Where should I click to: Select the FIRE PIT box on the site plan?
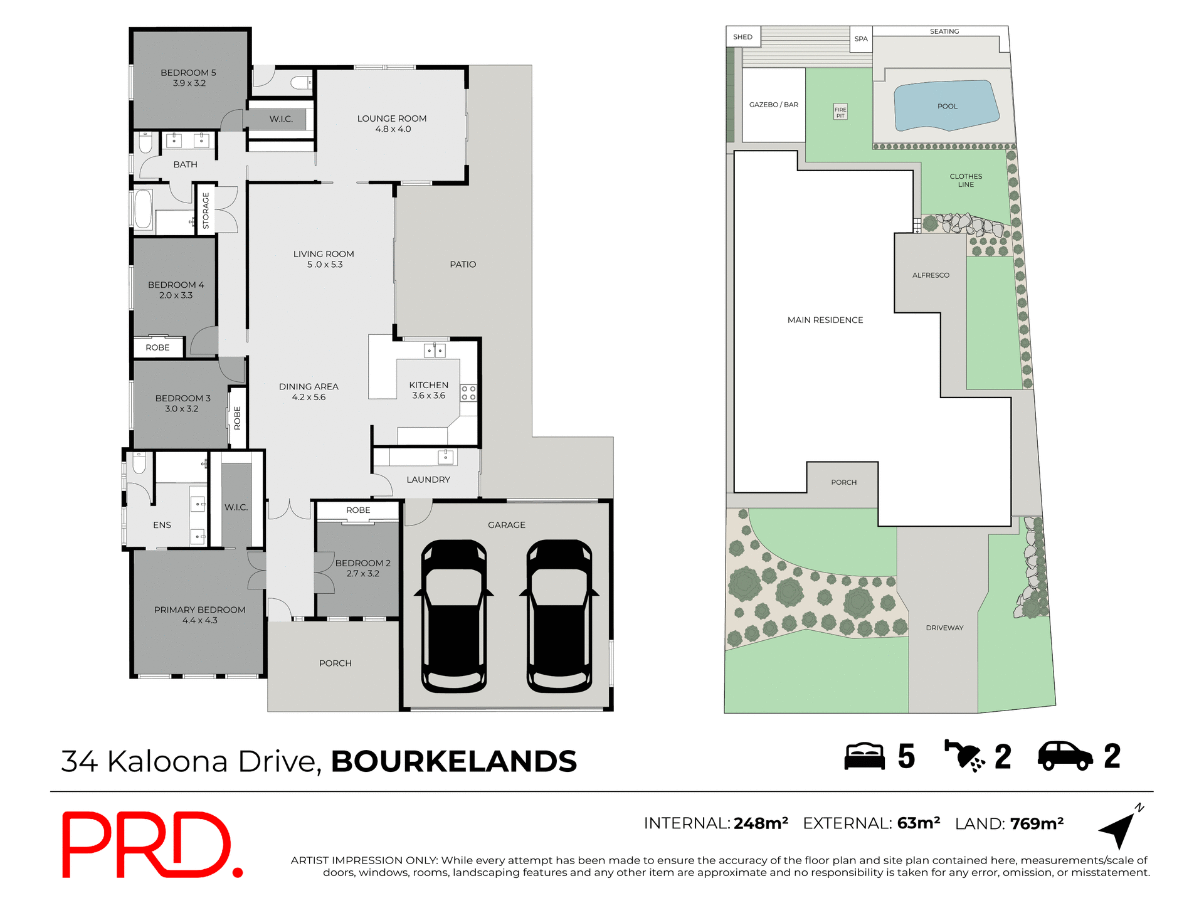tap(840, 112)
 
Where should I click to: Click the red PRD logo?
tap(150, 844)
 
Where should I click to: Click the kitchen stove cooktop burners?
tap(468, 393)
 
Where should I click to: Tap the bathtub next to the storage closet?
tap(144, 209)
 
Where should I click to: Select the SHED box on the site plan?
tap(743, 37)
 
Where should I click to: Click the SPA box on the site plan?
tap(861, 39)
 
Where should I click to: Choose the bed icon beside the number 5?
tap(864, 756)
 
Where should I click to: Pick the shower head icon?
tap(964, 756)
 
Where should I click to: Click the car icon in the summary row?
tap(1065, 756)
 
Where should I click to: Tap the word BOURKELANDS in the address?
tap(453, 762)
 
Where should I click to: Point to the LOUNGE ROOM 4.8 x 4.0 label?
tap(392, 124)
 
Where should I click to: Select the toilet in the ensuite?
tap(139, 463)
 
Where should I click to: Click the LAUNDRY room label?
tap(428, 480)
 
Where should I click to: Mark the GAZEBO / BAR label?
tap(773, 105)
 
